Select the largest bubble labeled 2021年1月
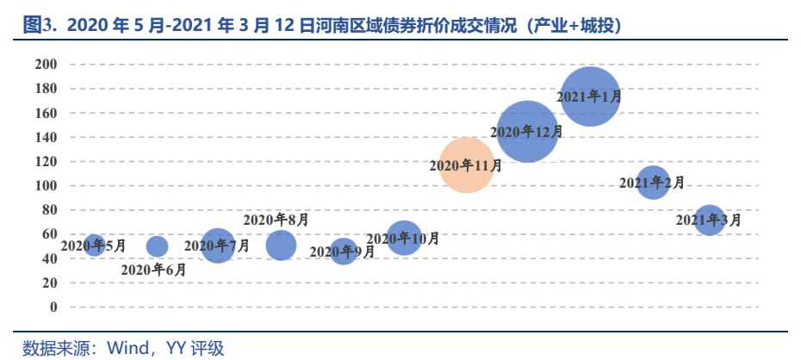pos(590,96)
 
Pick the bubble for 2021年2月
pos(653,183)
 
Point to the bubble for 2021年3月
pos(709,220)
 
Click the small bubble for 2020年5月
pos(94,245)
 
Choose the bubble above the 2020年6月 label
pos(157,246)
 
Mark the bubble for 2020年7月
pos(218,246)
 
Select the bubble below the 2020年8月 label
pos(281,245)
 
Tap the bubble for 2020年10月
pos(404,237)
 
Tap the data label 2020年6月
pos(153,270)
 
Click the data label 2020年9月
pos(342,252)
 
